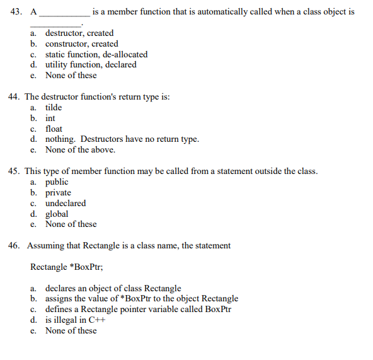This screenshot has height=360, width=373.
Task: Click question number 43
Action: click(x=15, y=11)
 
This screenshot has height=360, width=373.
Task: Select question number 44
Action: click(x=15, y=97)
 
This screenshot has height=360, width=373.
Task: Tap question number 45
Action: click(x=15, y=171)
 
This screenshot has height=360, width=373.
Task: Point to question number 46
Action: click(x=15, y=246)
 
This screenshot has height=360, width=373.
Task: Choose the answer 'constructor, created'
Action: click(x=81, y=44)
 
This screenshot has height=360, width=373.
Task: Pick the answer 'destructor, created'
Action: click(x=79, y=33)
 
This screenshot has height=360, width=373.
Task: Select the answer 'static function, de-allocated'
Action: click(x=96, y=54)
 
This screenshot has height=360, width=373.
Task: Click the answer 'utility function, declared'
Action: click(x=91, y=65)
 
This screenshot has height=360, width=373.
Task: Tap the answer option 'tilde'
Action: click(x=54, y=107)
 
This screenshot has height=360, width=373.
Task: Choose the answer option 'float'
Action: click(x=54, y=129)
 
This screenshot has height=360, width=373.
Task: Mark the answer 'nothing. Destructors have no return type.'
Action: click(x=122, y=139)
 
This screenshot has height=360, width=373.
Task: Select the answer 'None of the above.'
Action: click(x=80, y=150)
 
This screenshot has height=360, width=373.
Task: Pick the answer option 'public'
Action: click(x=57, y=182)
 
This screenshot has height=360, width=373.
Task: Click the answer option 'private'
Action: click(x=58, y=193)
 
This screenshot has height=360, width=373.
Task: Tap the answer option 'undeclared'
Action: click(x=66, y=204)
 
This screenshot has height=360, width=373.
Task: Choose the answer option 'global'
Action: click(x=57, y=214)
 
